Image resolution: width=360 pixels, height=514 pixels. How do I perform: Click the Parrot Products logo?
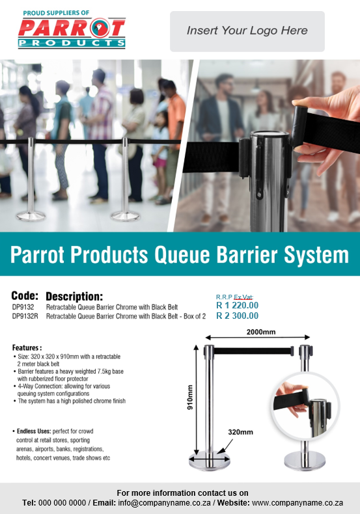click(72, 30)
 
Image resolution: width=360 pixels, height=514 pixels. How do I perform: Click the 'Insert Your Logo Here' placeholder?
click(247, 31)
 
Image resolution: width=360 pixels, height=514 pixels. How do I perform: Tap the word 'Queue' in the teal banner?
click(191, 254)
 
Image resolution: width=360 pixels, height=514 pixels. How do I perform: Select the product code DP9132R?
click(25, 316)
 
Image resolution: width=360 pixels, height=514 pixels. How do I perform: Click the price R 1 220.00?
click(237, 305)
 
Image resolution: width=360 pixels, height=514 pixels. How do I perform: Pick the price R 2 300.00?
click(237, 316)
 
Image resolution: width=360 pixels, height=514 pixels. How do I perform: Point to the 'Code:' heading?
click(25, 295)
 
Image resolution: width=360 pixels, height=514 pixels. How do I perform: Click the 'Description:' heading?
click(74, 296)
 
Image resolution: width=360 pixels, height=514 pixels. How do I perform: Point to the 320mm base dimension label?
click(240, 431)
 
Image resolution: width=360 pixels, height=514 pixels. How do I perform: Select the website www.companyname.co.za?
click(298, 503)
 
